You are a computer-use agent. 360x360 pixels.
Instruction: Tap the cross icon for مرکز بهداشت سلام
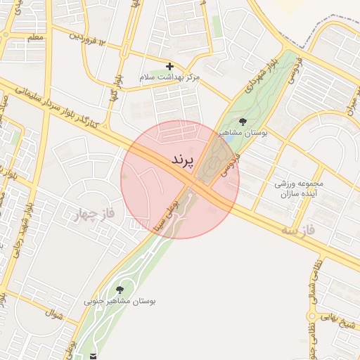[x=169, y=66]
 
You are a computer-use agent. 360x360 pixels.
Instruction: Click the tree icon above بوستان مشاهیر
[x=243, y=122]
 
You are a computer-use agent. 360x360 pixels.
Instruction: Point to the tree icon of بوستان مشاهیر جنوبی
[x=119, y=289]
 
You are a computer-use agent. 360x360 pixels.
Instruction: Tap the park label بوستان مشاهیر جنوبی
[x=120, y=301]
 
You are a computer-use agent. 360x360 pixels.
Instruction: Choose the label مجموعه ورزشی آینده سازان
[x=296, y=188]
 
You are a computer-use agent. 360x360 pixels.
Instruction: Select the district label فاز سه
[x=300, y=229]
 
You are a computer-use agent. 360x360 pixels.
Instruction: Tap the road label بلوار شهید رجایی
[x=28, y=224]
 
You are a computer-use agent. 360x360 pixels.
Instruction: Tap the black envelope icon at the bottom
[x=94, y=356]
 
